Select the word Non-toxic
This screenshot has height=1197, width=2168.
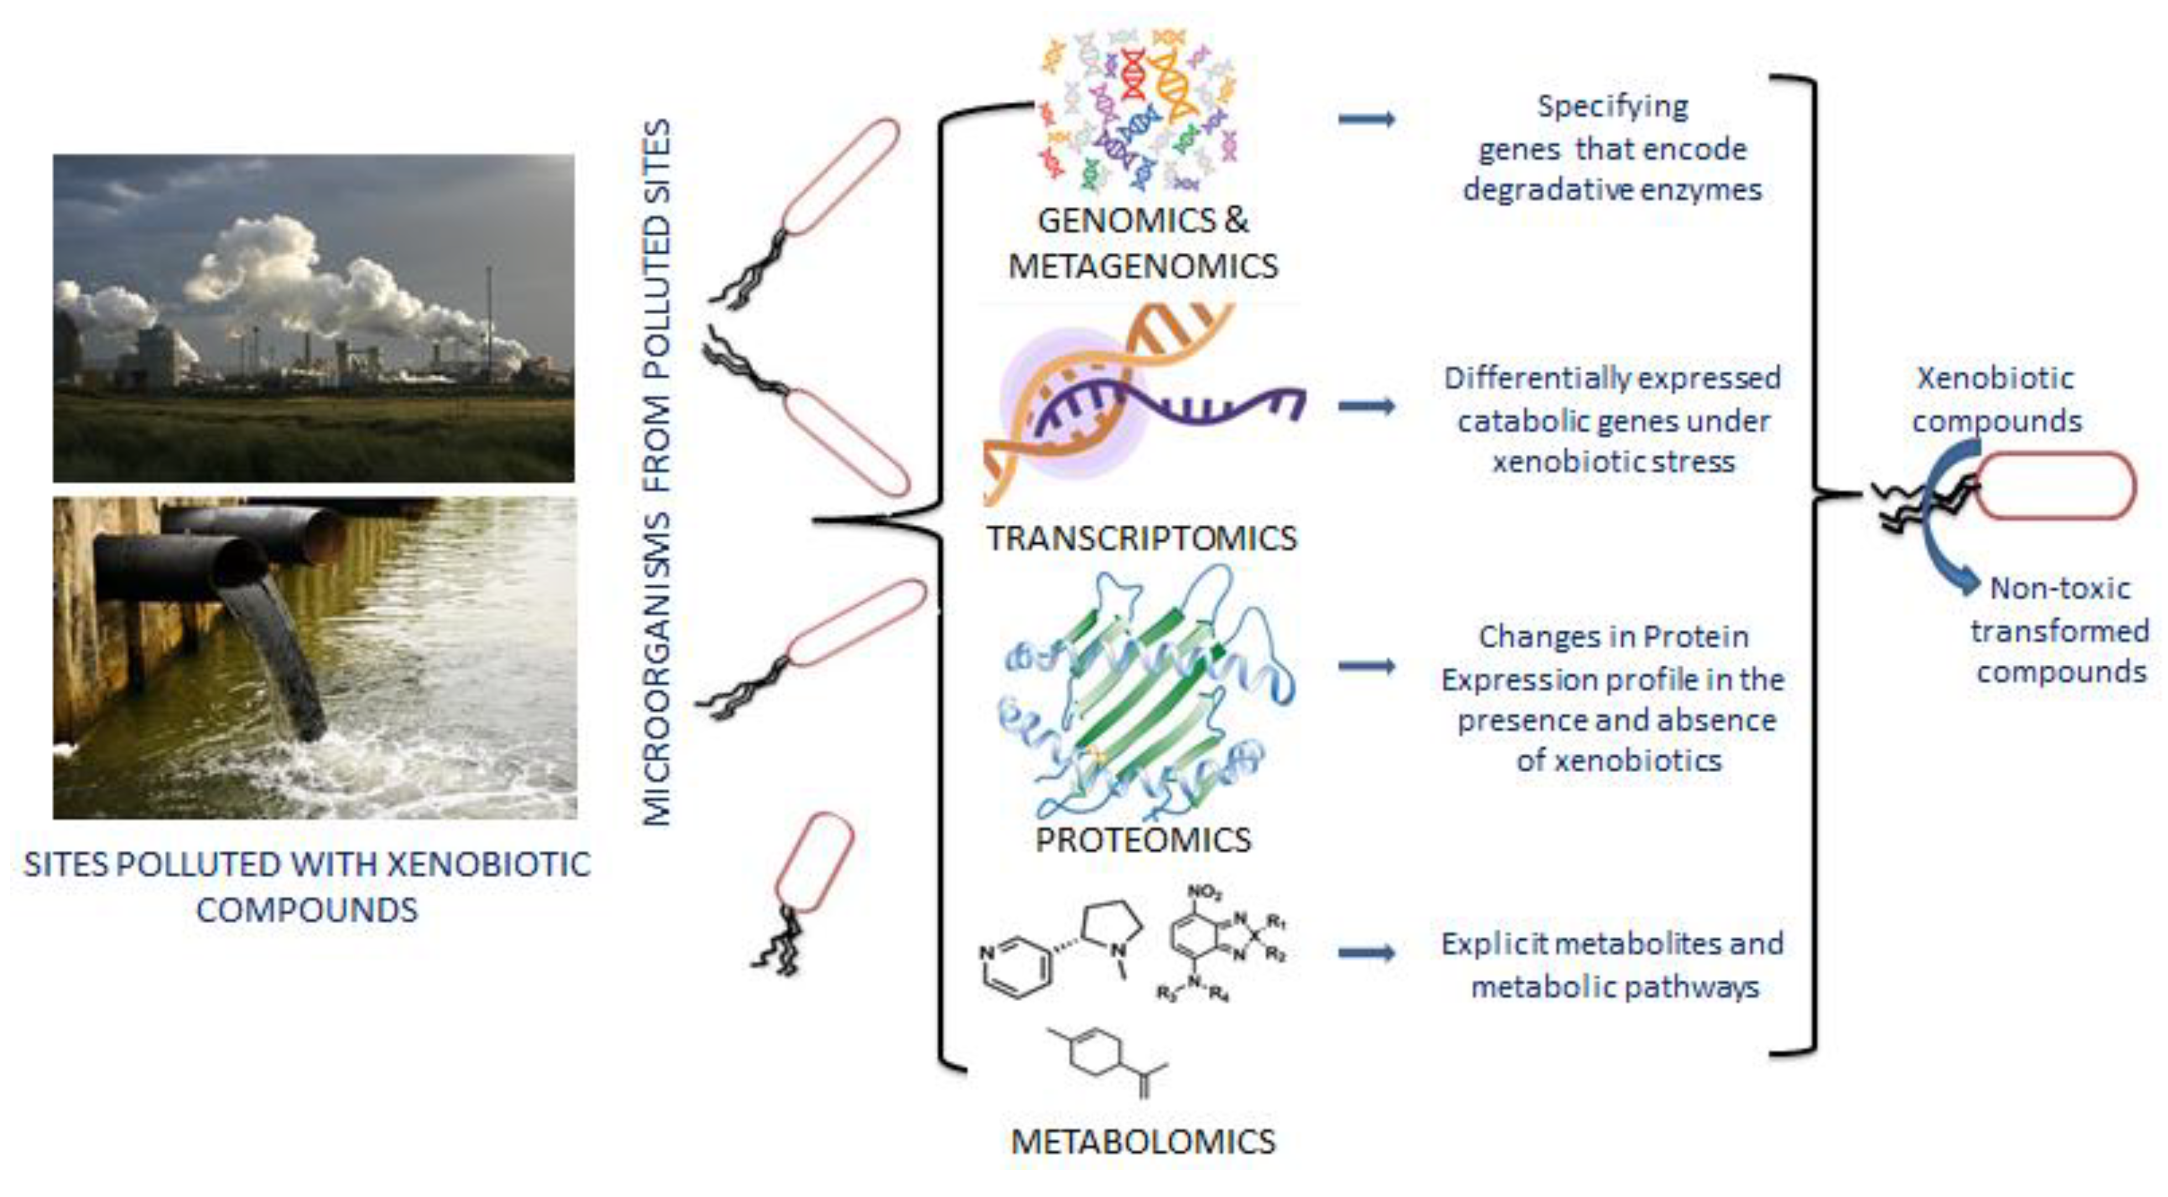[2060, 589]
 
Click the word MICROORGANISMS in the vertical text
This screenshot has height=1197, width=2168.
[657, 669]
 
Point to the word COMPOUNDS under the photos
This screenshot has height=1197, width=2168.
[306, 910]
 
